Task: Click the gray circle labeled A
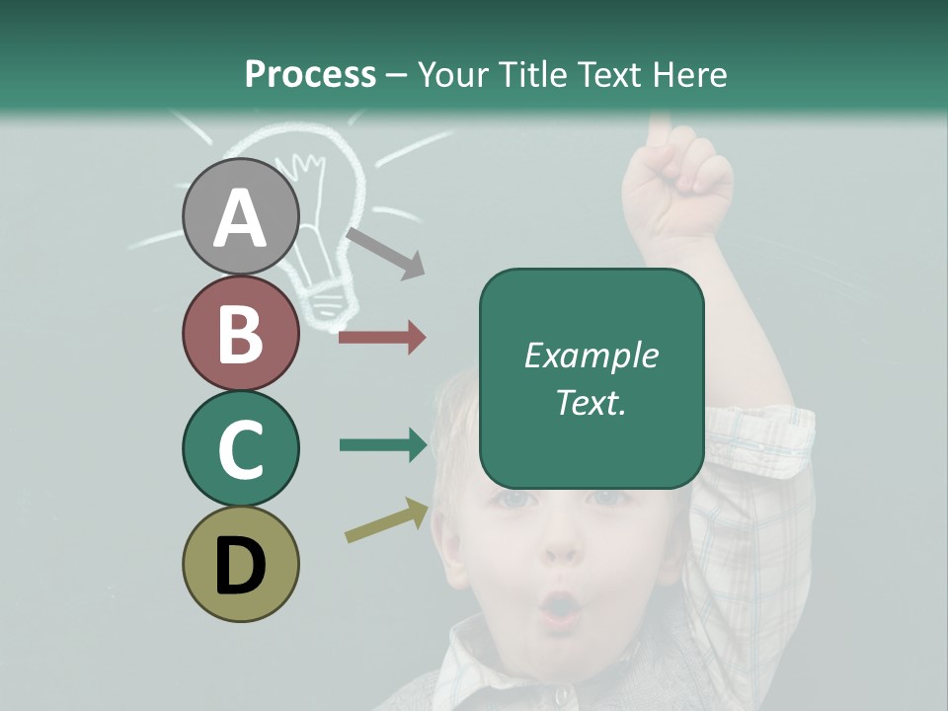241,216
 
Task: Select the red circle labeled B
241,333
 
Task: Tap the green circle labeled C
241,448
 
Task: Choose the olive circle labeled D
241,564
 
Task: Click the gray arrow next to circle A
385,252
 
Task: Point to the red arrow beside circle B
382,338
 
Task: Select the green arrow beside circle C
383,445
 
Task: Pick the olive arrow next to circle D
387,520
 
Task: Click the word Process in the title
310,74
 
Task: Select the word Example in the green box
591,355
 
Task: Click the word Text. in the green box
591,402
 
